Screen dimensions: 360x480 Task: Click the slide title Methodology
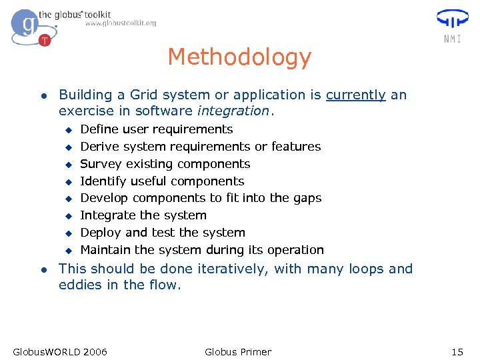(239, 57)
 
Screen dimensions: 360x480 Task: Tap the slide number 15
(457, 351)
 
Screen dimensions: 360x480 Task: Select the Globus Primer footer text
(238, 351)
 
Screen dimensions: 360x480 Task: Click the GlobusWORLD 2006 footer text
(60, 351)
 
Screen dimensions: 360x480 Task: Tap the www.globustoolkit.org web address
(121, 23)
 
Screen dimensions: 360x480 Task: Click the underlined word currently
(355, 95)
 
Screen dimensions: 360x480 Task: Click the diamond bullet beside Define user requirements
(67, 129)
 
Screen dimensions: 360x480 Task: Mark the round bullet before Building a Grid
(43, 96)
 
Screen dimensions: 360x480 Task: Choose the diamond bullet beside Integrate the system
(67, 216)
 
